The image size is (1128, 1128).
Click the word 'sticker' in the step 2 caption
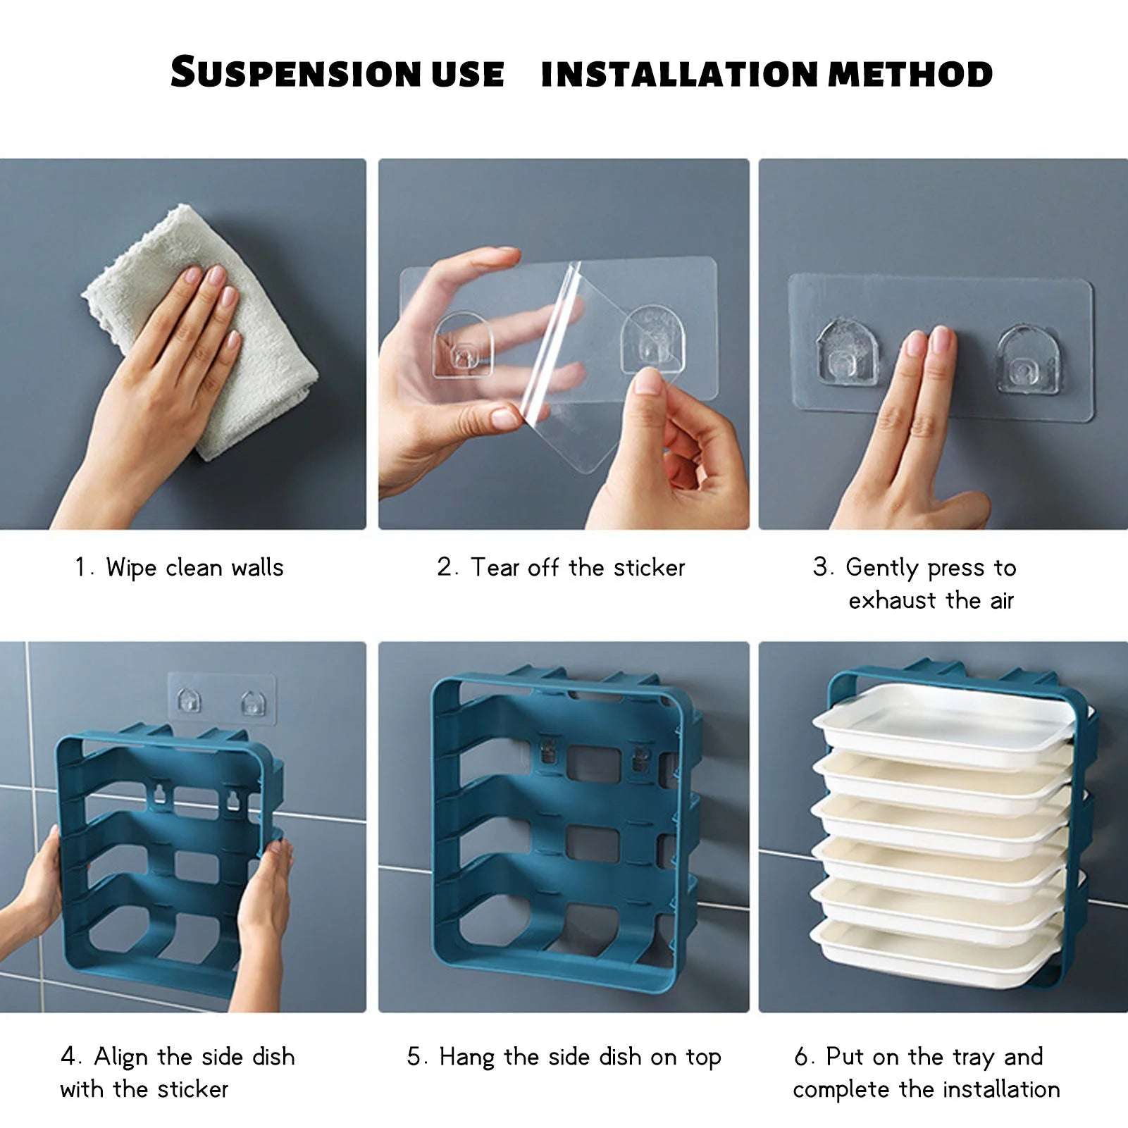point(649,568)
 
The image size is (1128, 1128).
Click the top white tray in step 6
point(937,722)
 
